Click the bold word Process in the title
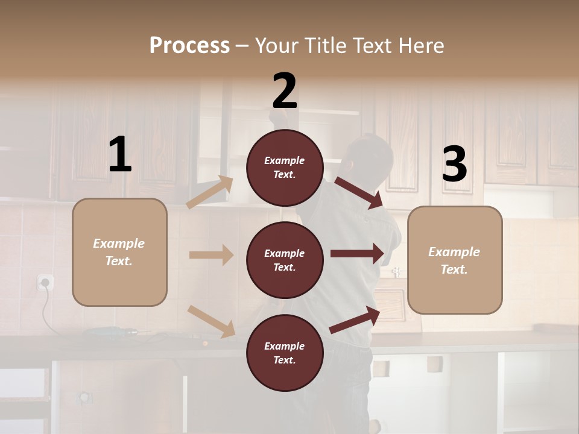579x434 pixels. tap(189, 45)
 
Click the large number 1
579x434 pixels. tap(120, 155)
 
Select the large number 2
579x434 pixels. tap(285, 91)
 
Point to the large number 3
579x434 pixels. tap(454, 164)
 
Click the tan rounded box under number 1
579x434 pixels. tap(119, 252)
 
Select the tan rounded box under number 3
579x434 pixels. tap(455, 260)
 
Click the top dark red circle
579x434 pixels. tap(285, 168)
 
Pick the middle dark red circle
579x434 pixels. tap(285, 260)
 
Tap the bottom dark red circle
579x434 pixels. tap(285, 353)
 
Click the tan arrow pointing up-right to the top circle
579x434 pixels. tap(210, 192)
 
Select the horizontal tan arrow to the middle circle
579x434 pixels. tap(211, 255)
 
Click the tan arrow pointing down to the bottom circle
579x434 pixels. tap(212, 321)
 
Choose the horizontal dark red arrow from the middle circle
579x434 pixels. tap(357, 254)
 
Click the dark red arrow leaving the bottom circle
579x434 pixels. tap(355, 320)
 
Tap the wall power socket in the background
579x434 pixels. tap(45, 282)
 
